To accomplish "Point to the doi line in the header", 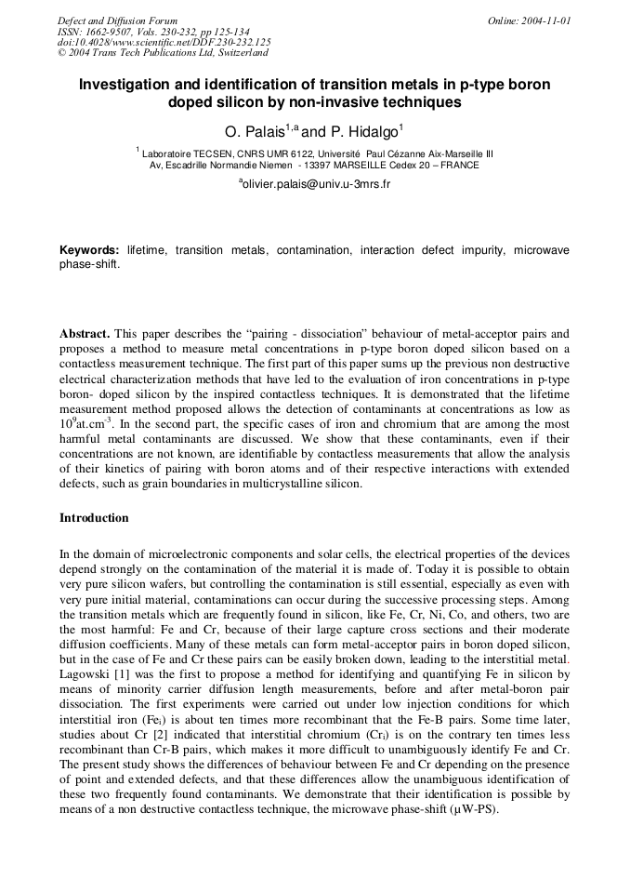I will pos(164,42).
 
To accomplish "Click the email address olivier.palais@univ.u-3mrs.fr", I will pos(316,184).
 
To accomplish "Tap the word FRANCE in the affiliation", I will pos(460,166).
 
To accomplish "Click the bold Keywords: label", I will pos(89,251).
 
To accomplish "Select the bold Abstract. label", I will pos(85,333).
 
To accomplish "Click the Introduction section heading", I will pos(94,517).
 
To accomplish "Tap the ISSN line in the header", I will pos(152,31).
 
